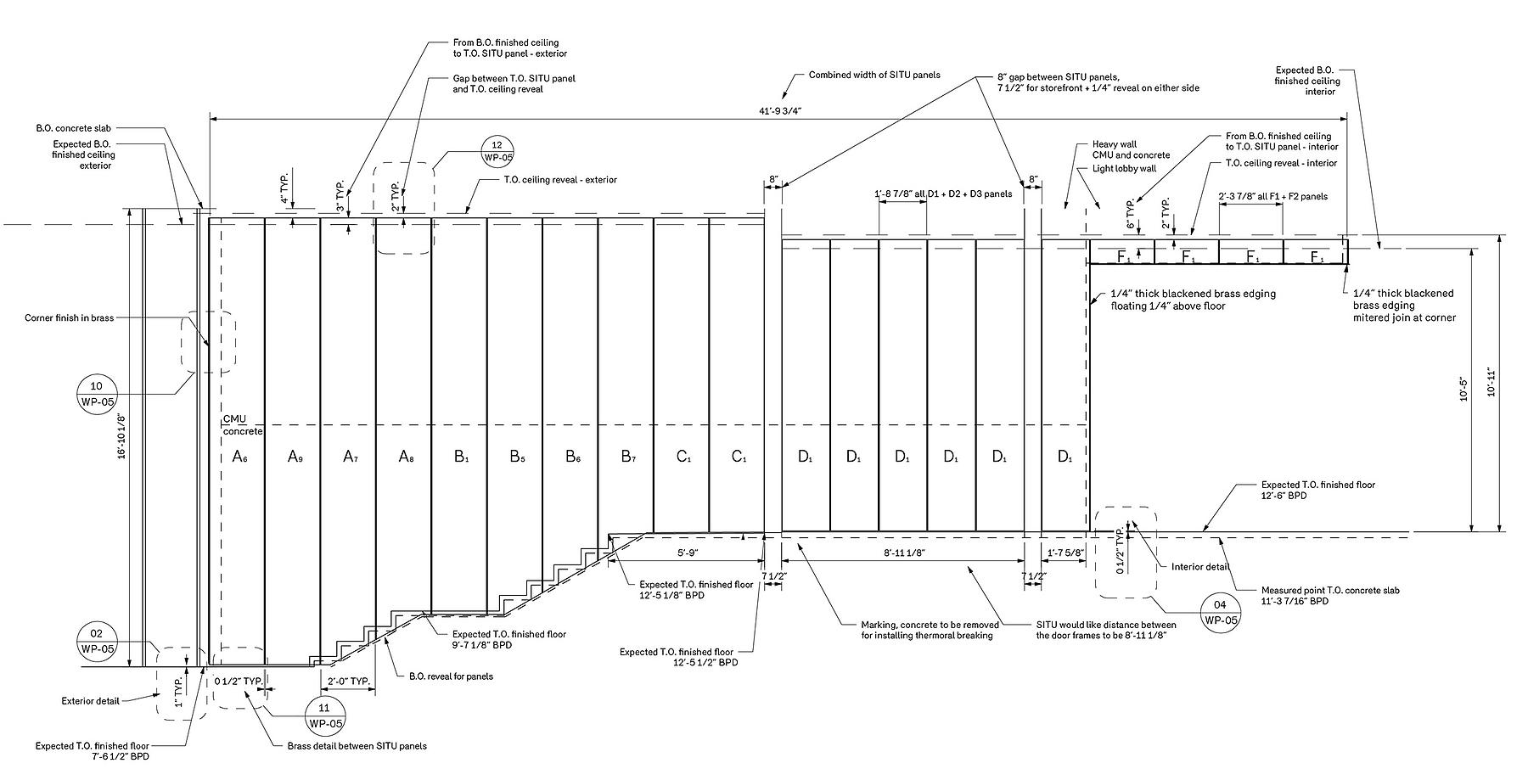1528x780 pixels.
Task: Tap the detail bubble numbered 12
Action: point(497,151)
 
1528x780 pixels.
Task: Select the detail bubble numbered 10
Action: point(95,393)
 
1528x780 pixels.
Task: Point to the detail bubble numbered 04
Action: point(1221,612)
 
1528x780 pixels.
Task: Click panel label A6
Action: point(239,457)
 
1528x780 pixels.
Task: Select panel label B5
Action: point(517,457)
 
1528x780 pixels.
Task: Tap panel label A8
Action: point(406,457)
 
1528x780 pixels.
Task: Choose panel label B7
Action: point(627,457)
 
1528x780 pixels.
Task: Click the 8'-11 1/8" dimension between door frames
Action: point(903,552)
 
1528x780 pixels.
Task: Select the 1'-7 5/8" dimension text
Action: point(1065,552)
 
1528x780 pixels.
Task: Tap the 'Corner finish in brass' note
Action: point(69,317)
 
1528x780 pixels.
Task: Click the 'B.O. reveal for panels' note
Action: point(451,676)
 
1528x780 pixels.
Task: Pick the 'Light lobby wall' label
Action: point(1124,168)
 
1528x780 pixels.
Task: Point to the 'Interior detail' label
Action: point(1199,567)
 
